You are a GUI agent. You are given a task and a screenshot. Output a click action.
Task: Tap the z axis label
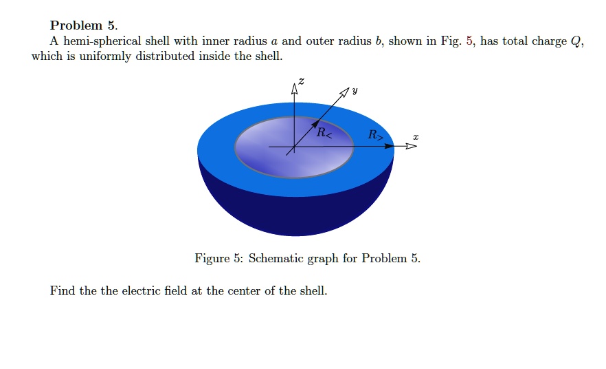pos(300,82)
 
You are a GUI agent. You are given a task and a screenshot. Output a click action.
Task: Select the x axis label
pos(415,138)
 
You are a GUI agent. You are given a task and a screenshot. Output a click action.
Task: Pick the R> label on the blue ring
pos(375,135)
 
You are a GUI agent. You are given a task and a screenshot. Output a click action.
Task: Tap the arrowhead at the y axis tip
pos(344,93)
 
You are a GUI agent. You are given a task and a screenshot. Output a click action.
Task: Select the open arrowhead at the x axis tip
pos(411,147)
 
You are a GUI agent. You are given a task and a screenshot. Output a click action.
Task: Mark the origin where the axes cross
pos(295,147)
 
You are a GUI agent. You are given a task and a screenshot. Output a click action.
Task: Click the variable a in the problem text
pos(275,41)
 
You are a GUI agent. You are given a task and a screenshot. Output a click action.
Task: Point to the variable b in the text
pos(378,41)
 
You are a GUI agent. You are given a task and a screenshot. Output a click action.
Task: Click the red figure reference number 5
pos(470,41)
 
